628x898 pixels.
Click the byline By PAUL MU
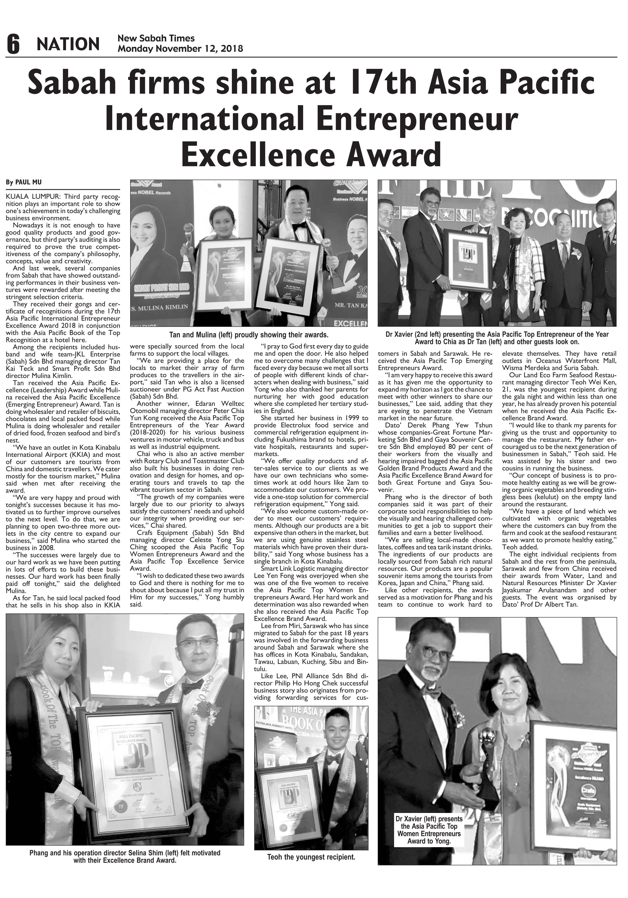pos(24,182)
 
